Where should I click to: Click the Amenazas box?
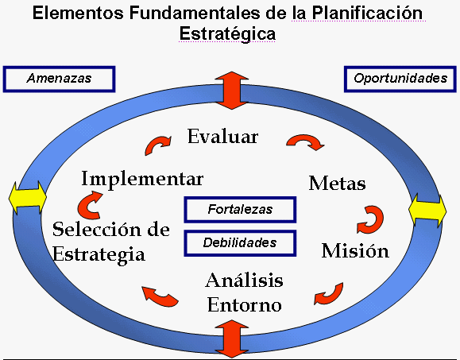point(60,78)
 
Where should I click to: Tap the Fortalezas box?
point(240,210)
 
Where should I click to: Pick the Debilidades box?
point(240,242)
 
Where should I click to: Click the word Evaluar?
point(223,136)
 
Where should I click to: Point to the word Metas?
point(337,184)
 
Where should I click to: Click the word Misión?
point(355,251)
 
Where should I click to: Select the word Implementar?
point(142,177)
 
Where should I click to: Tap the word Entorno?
point(244,304)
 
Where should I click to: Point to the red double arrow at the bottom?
point(232,337)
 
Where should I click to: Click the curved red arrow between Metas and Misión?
point(372,217)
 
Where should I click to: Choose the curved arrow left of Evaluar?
point(157,145)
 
